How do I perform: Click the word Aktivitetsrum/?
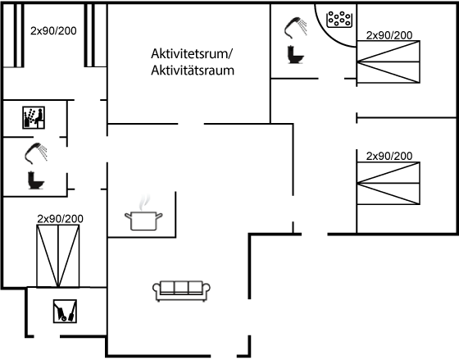(x=192, y=53)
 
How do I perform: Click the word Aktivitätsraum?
(x=193, y=71)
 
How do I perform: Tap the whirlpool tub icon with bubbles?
(x=339, y=20)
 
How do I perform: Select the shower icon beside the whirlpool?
(x=295, y=28)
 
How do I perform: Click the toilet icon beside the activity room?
(x=296, y=54)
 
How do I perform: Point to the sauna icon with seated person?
(x=34, y=117)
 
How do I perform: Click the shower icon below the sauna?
(x=36, y=153)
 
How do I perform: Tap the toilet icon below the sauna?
(x=36, y=180)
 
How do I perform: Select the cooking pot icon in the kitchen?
(x=143, y=221)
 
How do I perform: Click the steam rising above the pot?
(x=144, y=202)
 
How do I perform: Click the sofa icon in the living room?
(x=181, y=291)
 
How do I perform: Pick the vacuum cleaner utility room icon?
(x=65, y=311)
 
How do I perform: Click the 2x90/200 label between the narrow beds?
(x=53, y=31)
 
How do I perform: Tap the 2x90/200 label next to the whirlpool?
(x=389, y=35)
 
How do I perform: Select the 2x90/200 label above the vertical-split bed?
(x=61, y=219)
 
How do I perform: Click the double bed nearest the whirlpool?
(x=389, y=62)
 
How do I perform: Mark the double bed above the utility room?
(x=58, y=256)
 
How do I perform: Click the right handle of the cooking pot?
(x=159, y=216)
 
